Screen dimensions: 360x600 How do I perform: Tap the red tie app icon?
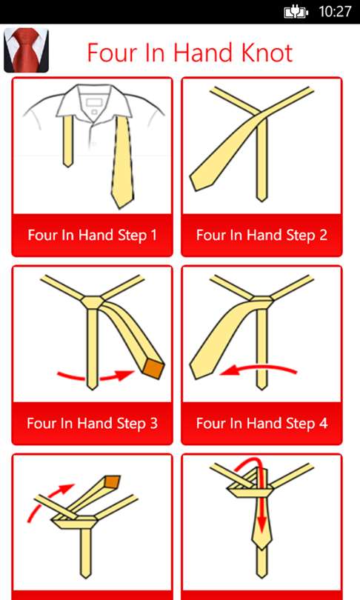point(26,50)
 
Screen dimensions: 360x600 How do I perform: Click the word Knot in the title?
point(262,53)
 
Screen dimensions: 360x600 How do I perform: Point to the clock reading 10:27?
point(335,11)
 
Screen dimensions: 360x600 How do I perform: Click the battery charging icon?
point(296,13)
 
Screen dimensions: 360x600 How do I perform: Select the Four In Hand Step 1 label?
point(92,235)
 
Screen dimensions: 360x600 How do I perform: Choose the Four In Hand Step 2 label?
point(261,235)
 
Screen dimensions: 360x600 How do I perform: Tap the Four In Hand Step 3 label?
point(92,423)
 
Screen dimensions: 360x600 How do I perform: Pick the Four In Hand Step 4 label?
point(261,423)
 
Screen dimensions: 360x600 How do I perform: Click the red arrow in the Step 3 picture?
point(96,378)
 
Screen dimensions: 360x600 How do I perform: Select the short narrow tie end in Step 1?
point(68,141)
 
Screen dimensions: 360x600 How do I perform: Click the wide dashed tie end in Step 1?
point(123,162)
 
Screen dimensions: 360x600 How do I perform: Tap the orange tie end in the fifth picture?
point(113,481)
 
